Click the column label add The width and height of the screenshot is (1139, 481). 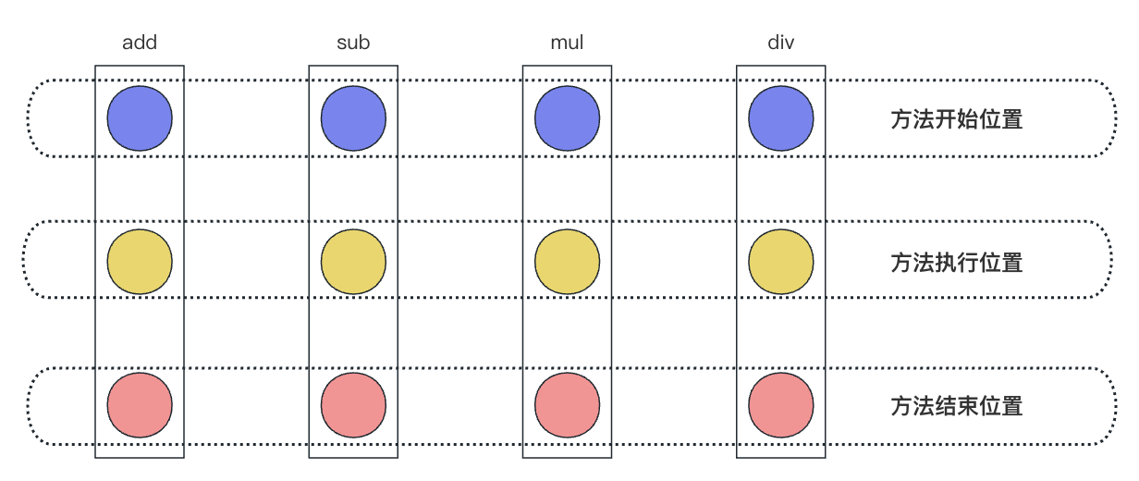140,43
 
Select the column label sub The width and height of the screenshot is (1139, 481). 353,43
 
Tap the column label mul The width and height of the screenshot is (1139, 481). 567,43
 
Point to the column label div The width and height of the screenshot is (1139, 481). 781,43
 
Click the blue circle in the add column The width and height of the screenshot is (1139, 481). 140,118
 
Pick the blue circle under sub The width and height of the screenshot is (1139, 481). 353,118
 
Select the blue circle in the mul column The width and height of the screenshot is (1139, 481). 568,118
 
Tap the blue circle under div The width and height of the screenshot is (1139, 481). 781,118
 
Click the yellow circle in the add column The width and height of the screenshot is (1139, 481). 140,262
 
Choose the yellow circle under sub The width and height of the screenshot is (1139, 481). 353,262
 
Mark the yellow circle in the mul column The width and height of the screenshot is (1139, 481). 568,262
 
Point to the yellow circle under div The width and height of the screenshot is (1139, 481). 781,262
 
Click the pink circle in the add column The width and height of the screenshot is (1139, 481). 140,405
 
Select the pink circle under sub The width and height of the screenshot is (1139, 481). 353,405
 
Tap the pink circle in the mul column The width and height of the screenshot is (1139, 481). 568,405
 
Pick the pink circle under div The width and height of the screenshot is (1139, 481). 781,405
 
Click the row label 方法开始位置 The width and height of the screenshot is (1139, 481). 957,119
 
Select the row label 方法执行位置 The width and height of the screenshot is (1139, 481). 957,263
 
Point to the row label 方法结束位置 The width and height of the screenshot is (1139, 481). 957,406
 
